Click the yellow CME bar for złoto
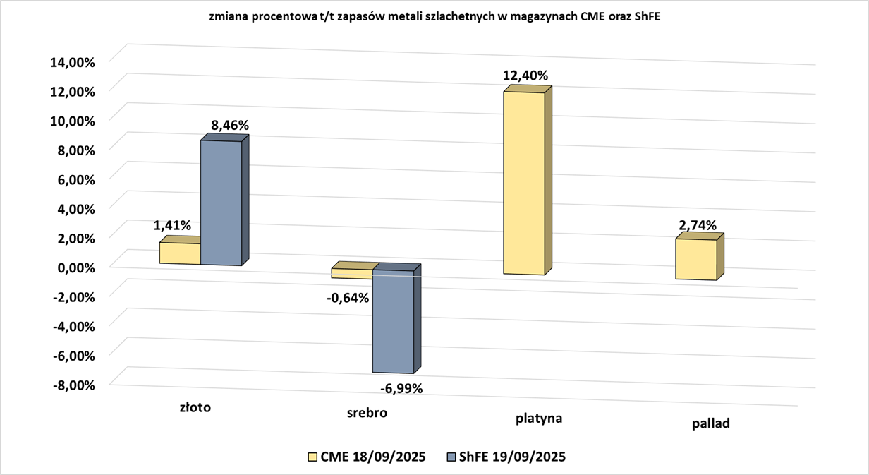point(180,253)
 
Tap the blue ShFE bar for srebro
point(393,321)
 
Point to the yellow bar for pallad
point(696,259)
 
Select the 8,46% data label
point(230,126)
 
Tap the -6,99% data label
point(401,388)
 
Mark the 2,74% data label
point(697,226)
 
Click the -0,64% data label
point(348,298)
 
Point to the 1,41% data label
point(172,226)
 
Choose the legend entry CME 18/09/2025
point(367,457)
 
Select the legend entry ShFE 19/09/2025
point(506,457)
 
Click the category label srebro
point(367,413)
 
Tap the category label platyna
point(538,418)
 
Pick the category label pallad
point(710,424)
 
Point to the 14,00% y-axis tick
point(71,62)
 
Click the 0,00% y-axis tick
point(73,267)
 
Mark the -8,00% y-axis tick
point(71,385)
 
